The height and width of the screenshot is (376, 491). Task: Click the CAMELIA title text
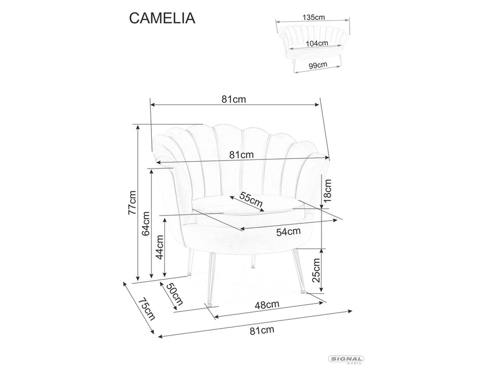tap(162, 18)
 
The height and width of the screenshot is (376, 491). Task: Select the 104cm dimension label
tap(316, 43)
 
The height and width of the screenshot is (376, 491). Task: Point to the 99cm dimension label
tap(317, 65)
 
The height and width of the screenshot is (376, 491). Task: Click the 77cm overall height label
tap(132, 203)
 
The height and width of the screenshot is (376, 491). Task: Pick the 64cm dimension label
tap(146, 223)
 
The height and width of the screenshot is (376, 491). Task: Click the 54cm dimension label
tap(288, 231)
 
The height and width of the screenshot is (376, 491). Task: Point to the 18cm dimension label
tap(328, 188)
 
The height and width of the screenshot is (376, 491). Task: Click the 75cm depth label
tap(146, 309)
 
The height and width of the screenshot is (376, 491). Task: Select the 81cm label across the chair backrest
tap(242, 154)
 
